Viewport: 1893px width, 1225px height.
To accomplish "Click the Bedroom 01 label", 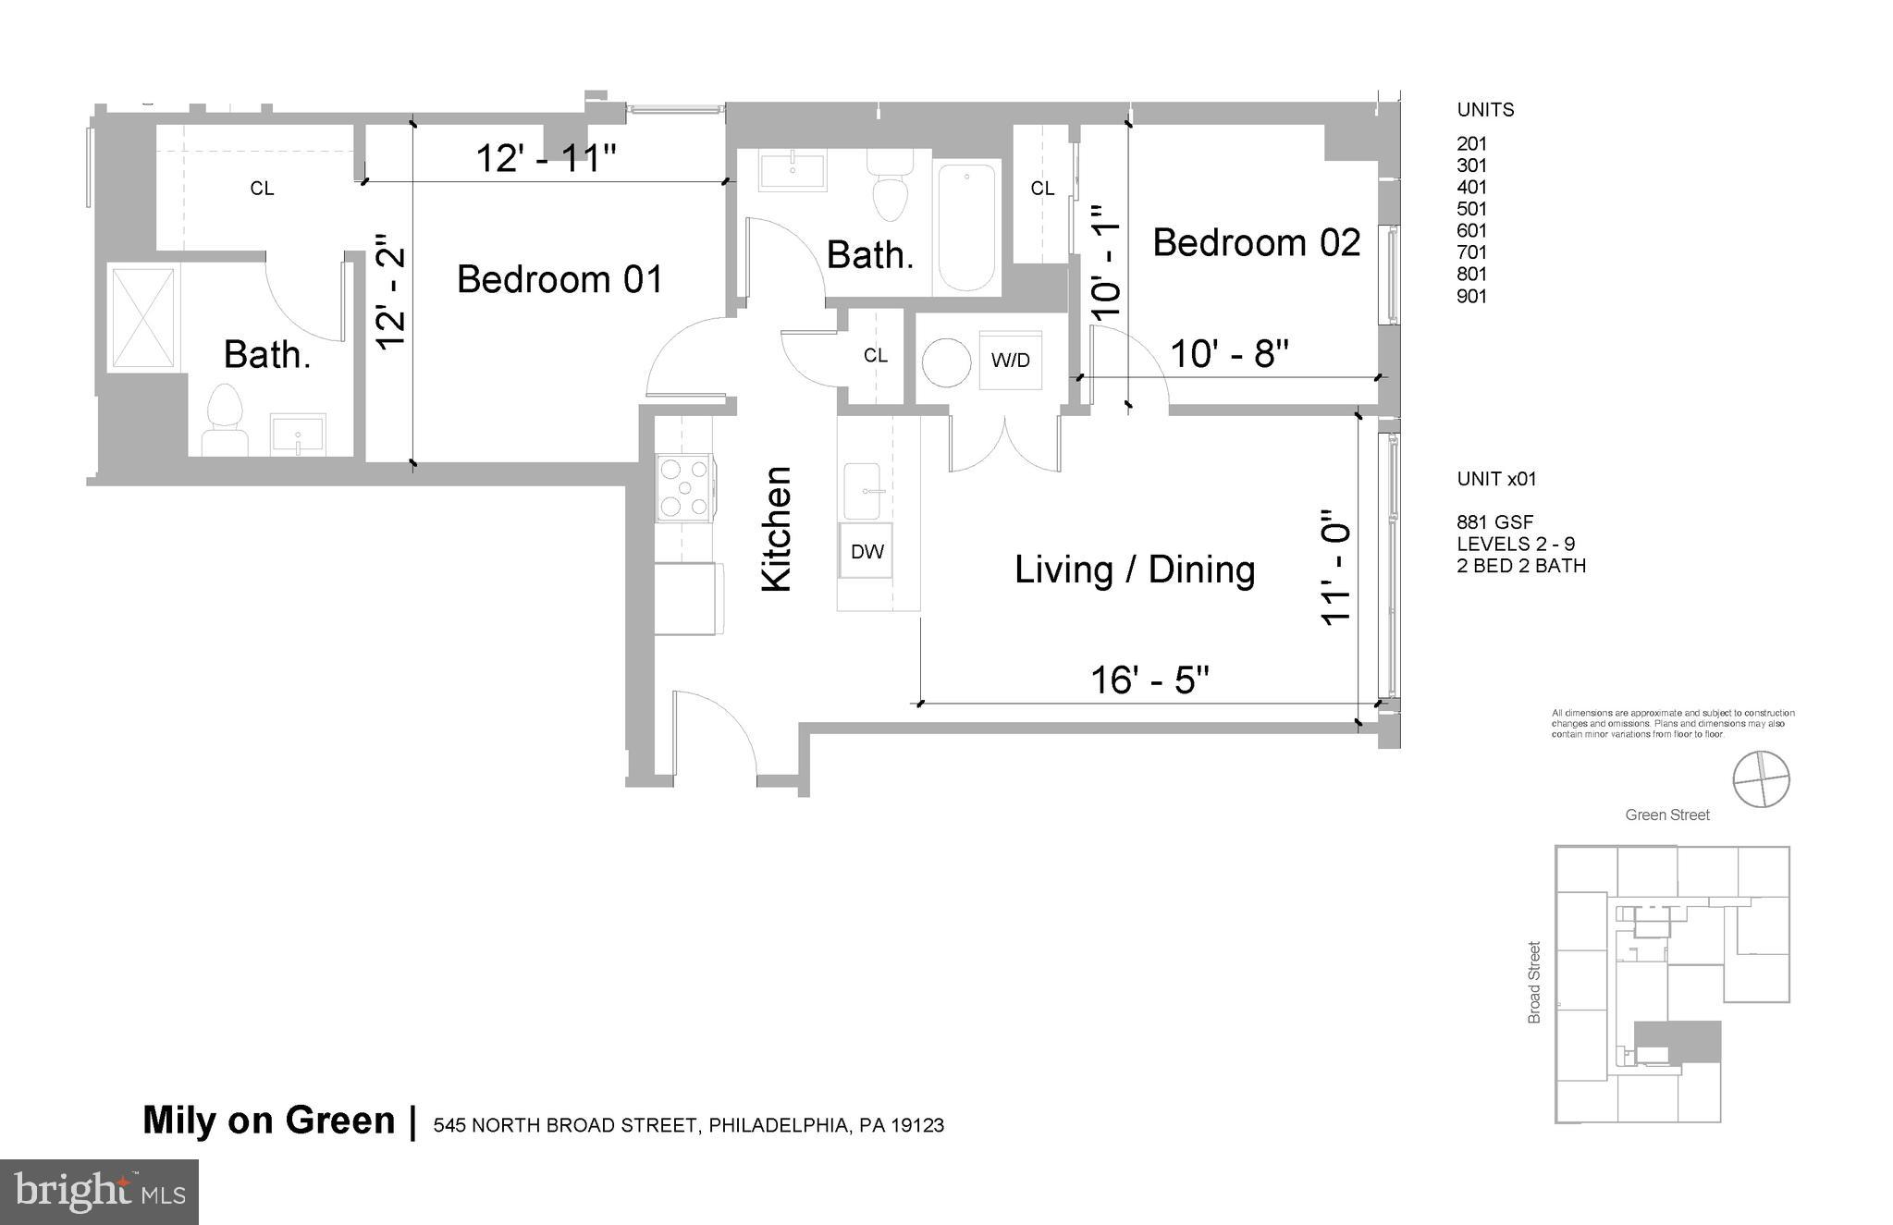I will click(x=559, y=279).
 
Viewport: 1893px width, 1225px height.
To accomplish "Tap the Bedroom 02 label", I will click(x=1256, y=243).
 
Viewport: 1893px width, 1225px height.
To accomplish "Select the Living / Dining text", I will click(x=1135, y=570).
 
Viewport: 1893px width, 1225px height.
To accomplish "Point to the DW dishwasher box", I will click(x=867, y=552).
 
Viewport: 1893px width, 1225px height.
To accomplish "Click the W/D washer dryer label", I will click(x=1010, y=361).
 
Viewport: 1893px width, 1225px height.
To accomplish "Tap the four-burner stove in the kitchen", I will click(x=684, y=487).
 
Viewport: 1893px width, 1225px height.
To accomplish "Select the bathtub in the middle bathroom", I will click(x=967, y=227).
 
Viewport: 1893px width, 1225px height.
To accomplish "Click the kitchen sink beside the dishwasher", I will click(x=865, y=492).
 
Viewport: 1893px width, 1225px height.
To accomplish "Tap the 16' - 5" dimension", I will click(x=1149, y=680).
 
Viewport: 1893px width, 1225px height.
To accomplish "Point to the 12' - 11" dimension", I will click(x=545, y=159).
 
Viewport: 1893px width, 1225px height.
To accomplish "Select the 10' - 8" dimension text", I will click(x=1229, y=353).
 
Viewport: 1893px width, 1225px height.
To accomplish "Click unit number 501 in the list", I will click(x=1471, y=209).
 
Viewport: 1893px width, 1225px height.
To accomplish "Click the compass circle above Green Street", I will click(x=1761, y=779).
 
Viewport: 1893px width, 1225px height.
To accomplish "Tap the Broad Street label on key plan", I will click(x=1534, y=982).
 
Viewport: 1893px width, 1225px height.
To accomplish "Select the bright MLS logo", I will click(x=99, y=1192).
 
